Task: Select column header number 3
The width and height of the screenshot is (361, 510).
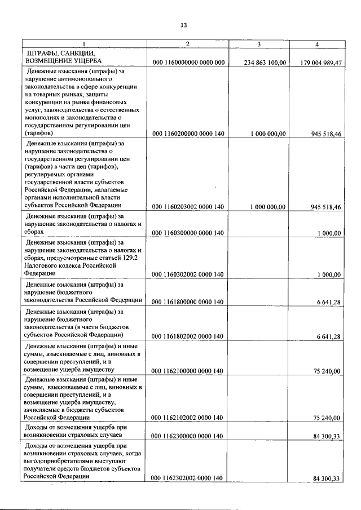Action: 258,44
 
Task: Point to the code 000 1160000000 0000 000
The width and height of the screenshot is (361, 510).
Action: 188,63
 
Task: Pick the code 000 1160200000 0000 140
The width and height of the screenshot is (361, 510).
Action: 188,134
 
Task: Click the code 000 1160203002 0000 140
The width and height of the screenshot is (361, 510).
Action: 188,207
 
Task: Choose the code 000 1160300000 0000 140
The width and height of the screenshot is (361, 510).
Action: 188,233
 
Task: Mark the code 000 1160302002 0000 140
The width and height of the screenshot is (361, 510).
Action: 188,274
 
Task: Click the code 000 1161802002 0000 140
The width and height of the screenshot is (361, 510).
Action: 188,336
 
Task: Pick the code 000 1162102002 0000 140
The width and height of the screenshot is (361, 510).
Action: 188,418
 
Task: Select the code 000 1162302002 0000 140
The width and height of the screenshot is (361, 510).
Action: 188,478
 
